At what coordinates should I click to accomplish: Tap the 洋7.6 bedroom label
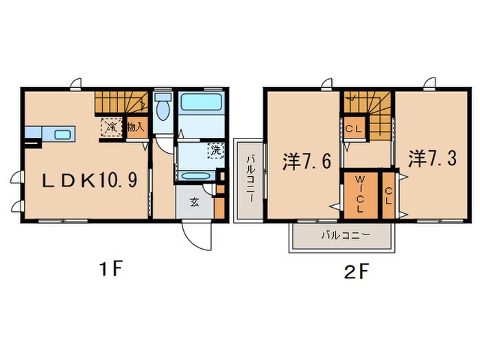coord(308,162)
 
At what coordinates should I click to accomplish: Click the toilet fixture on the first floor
coord(163,110)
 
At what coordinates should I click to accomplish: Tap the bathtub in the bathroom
coord(202,108)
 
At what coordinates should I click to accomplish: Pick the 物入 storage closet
coord(136,127)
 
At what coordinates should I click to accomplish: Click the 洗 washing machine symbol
coord(214,150)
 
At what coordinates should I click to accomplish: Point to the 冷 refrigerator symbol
coord(110,127)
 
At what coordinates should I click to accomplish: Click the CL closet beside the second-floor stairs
coord(355,127)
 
